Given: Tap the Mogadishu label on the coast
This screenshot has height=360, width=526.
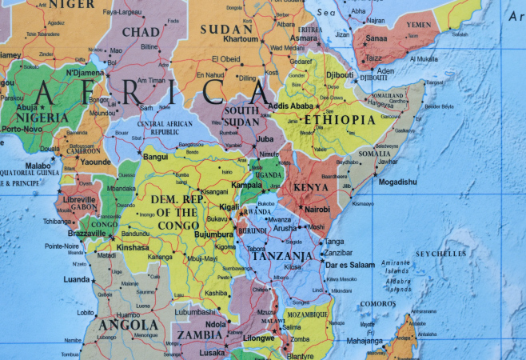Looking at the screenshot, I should pyautogui.click(x=398, y=182).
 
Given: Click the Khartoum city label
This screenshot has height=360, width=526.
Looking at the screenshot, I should pyautogui.click(x=241, y=38).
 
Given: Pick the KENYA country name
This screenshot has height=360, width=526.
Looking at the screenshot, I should pyautogui.click(x=312, y=187).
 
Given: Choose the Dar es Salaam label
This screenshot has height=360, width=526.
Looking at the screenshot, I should pyautogui.click(x=350, y=265).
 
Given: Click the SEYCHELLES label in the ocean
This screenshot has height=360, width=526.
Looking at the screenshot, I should pyautogui.click(x=440, y=254).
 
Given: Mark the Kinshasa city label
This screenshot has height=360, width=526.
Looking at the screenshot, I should pyautogui.click(x=133, y=247).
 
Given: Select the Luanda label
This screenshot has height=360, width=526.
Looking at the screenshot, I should pyautogui.click(x=77, y=279).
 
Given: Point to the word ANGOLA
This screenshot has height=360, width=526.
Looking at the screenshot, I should pyautogui.click(x=127, y=325).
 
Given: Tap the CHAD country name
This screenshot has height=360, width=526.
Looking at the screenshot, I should pyautogui.click(x=140, y=31).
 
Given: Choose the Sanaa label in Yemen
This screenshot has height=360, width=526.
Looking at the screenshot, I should pyautogui.click(x=376, y=38).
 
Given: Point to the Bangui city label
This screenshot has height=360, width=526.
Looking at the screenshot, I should pyautogui.click(x=155, y=157).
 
